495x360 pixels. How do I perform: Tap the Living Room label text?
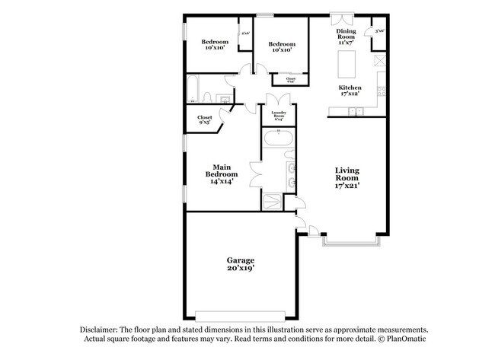pyautogui.click(x=347, y=177)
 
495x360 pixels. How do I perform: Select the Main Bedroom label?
pyautogui.click(x=222, y=174)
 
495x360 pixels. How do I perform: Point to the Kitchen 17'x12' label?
pyautogui.click(x=350, y=91)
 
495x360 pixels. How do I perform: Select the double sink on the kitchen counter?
pyautogui.click(x=355, y=112)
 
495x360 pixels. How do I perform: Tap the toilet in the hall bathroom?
pyautogui.click(x=209, y=97)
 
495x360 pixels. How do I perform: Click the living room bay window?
pyautogui.click(x=350, y=242)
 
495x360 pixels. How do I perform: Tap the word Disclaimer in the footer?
pyautogui.click(x=101, y=329)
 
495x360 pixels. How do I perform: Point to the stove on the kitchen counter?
pyautogui.click(x=378, y=59)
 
